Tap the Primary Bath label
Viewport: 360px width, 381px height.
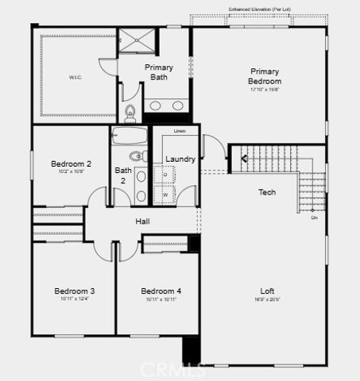point(159,72)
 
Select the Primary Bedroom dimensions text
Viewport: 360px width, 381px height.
point(265,89)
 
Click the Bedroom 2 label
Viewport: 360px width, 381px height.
point(72,164)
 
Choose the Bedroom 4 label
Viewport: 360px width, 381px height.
point(161,291)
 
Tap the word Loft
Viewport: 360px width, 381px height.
point(267,291)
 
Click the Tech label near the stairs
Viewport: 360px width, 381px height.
point(267,193)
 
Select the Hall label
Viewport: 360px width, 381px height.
point(143,221)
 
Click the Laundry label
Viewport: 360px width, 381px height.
point(180,160)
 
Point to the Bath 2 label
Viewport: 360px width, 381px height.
point(122,175)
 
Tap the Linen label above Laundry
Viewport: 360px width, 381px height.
point(180,130)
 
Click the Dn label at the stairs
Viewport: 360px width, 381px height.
point(314,217)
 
